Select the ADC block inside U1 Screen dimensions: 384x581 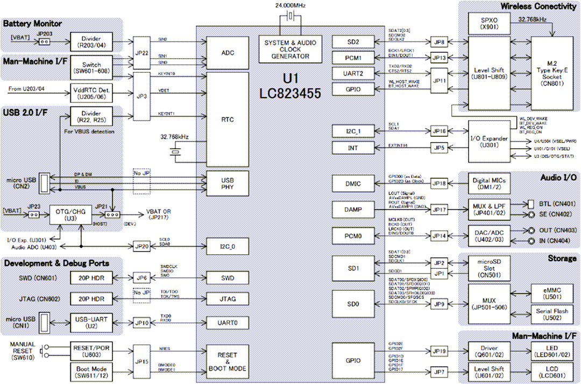(228, 53)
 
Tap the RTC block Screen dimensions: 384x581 (228, 120)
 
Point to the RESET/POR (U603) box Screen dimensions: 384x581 (92, 352)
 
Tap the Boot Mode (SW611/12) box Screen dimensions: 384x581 (92, 371)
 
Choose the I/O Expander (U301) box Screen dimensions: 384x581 (487, 142)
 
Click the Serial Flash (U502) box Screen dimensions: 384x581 (552, 315)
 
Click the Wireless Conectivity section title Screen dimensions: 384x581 (538, 6)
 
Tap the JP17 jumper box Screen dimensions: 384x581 (439, 209)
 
